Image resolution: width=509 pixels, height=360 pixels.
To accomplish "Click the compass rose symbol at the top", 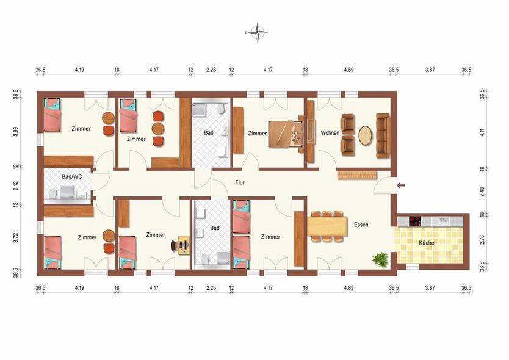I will coord(259,31).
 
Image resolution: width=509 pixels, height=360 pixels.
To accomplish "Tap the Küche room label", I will coord(427,243).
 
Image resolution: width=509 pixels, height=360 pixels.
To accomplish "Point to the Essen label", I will coord(361,225).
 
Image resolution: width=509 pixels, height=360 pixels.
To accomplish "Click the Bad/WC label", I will coord(71,176).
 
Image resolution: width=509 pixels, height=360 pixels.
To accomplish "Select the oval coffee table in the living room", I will coord(365,135).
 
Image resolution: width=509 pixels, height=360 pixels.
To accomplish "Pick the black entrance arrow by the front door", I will coord(401,185).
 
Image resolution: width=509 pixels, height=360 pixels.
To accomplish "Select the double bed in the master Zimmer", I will coord(284,132).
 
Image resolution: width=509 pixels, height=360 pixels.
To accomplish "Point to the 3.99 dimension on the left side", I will coord(16,132).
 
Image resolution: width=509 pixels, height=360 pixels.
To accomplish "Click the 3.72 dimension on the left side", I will coord(16,237).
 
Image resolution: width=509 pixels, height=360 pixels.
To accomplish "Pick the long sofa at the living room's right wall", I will coord(382,135).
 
